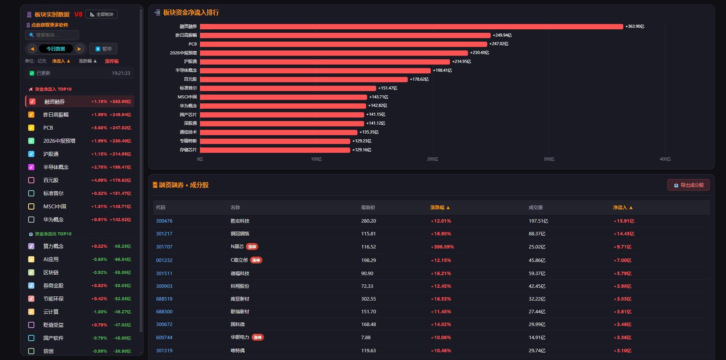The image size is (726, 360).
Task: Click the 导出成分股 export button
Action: (x=688, y=185)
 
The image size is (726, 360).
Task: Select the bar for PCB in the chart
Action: (x=344, y=44)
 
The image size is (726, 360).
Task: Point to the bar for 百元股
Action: (x=304, y=79)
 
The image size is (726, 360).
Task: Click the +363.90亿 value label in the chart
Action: (x=635, y=26)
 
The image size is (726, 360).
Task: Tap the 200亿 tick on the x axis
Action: (x=432, y=159)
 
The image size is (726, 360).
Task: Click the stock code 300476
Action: (x=164, y=221)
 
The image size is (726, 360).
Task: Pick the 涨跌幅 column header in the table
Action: (x=440, y=208)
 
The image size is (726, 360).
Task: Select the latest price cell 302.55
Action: (x=369, y=299)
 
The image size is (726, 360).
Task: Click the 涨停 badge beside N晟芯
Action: (x=252, y=247)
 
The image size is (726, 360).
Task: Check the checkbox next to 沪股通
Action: (x=31, y=154)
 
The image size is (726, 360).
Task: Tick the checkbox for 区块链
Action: (x=31, y=272)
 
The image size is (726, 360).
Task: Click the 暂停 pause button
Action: (x=103, y=49)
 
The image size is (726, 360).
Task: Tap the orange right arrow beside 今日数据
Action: (x=79, y=49)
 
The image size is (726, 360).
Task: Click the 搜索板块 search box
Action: (x=52, y=35)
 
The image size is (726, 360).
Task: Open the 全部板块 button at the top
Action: (x=102, y=14)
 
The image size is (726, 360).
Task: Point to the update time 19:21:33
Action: (x=121, y=73)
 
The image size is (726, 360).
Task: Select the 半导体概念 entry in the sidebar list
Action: (x=56, y=167)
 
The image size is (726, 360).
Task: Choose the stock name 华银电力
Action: (x=240, y=337)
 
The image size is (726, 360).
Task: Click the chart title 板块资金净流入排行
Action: (x=191, y=13)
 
